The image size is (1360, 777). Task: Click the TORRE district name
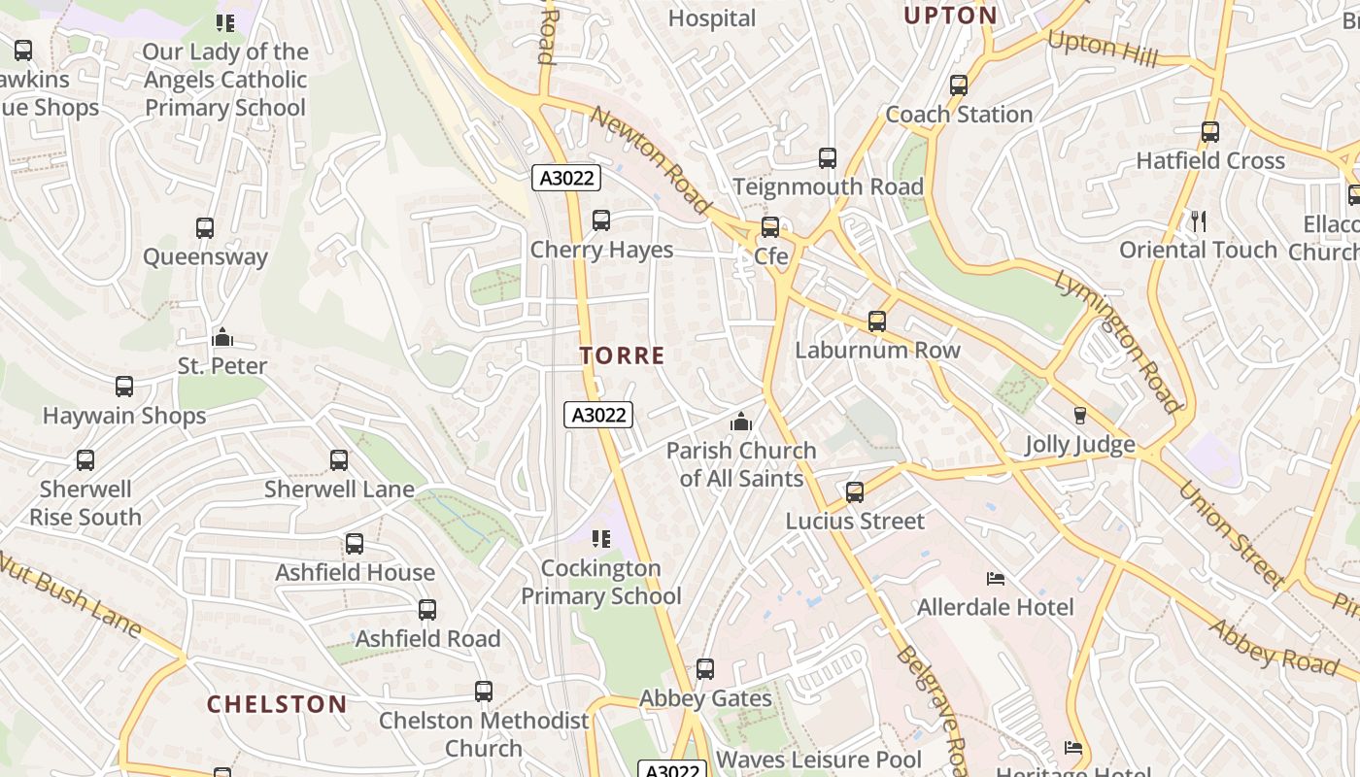(x=623, y=355)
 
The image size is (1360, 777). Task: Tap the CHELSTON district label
(x=277, y=704)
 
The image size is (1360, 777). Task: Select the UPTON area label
(x=950, y=16)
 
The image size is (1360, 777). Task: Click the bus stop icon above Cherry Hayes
(x=601, y=220)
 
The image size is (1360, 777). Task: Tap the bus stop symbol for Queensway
(x=205, y=228)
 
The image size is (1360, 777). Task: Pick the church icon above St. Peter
(x=222, y=337)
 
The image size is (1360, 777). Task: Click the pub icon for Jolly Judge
(x=1079, y=416)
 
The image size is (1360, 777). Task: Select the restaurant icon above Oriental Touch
(x=1198, y=221)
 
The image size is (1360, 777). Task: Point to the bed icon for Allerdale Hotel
(x=996, y=579)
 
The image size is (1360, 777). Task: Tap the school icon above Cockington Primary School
(x=601, y=538)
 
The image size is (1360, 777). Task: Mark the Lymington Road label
(x=1118, y=342)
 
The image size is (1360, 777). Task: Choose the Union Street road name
(x=1232, y=534)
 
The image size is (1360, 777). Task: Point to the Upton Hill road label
(x=1103, y=49)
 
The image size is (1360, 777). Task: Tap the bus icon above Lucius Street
(x=855, y=492)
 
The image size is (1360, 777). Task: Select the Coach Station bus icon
(x=959, y=85)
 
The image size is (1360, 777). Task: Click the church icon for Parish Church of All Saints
(x=741, y=422)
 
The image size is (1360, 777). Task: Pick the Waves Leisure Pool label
(x=819, y=759)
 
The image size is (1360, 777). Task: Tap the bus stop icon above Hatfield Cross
(x=1210, y=132)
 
